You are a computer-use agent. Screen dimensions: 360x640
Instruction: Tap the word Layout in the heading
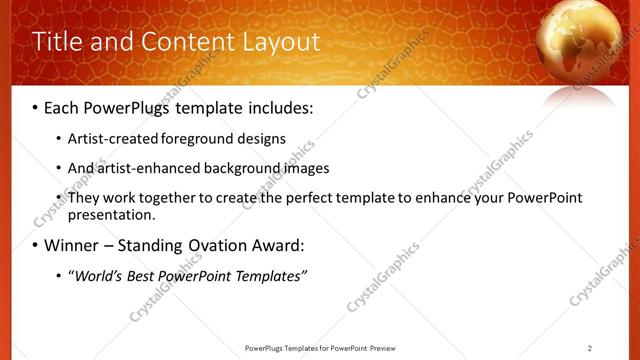(283, 42)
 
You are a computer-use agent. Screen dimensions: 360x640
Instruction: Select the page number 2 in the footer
(590, 348)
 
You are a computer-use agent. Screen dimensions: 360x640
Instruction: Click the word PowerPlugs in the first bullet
(129, 106)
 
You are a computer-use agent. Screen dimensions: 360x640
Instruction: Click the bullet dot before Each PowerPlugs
(36, 107)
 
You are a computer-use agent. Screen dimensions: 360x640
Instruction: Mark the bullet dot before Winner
(36, 246)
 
